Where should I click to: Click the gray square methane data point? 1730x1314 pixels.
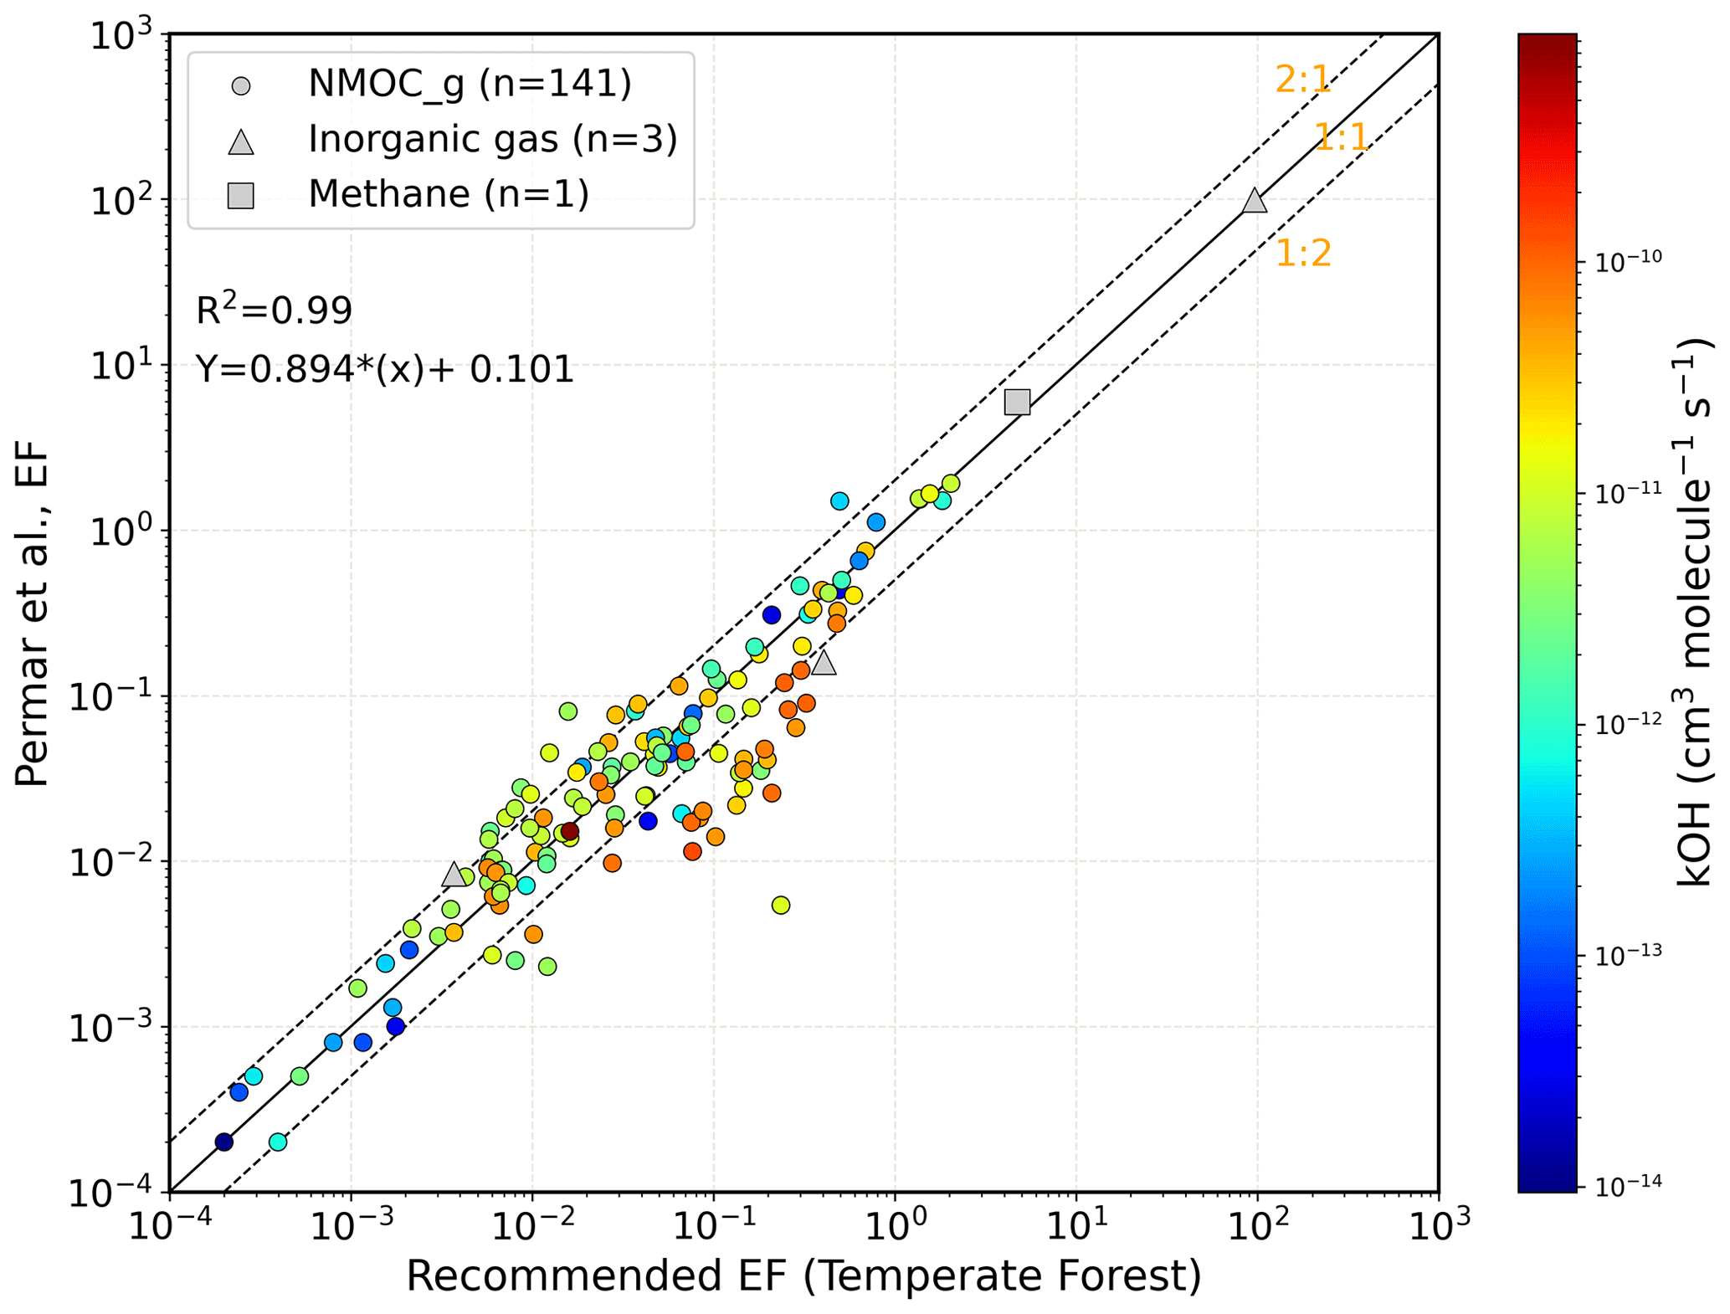[x=1016, y=403]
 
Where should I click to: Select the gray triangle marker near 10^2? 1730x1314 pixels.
[x=1254, y=201]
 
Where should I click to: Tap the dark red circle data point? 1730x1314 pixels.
[x=569, y=831]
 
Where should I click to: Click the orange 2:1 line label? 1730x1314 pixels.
[x=1301, y=80]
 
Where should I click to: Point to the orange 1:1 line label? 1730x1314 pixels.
[x=1341, y=137]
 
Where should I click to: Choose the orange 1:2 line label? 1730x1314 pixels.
[x=1302, y=254]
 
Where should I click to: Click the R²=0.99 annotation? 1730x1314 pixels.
[x=274, y=310]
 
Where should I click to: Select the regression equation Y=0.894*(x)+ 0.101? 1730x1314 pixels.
[x=384, y=369]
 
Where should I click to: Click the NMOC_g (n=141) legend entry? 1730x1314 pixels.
[x=469, y=84]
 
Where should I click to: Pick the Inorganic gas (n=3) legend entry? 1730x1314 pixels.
[x=492, y=140]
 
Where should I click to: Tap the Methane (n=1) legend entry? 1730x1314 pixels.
[x=449, y=195]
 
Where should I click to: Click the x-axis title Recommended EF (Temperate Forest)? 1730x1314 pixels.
[x=803, y=1276]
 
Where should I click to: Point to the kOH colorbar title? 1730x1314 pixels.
[x=1695, y=611]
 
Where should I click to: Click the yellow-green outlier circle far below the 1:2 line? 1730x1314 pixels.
[x=780, y=905]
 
